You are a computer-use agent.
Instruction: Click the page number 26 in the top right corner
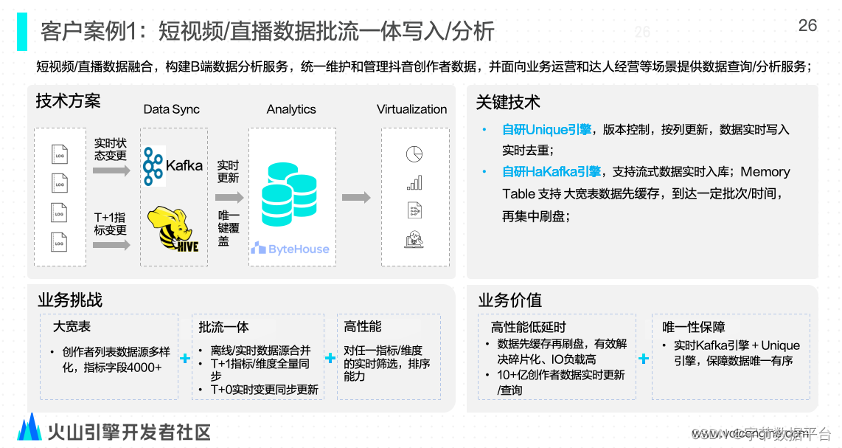click(x=807, y=25)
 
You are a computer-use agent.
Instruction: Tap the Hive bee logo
click(x=174, y=230)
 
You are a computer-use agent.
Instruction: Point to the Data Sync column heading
click(x=172, y=109)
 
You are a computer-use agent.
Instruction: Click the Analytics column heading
click(x=291, y=109)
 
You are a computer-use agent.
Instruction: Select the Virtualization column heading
click(x=411, y=109)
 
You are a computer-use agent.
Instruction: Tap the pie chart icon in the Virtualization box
click(x=414, y=154)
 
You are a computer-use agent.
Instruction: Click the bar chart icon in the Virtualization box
click(x=414, y=182)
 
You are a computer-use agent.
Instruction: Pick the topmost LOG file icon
click(x=60, y=154)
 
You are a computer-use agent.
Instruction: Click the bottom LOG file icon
click(x=60, y=241)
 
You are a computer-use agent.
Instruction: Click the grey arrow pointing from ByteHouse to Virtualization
click(x=357, y=197)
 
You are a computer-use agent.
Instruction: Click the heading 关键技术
click(x=508, y=103)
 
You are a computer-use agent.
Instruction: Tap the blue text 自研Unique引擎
click(x=546, y=130)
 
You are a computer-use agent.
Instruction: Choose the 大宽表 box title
click(x=72, y=326)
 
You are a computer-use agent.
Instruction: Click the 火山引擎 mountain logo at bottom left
click(x=29, y=428)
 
